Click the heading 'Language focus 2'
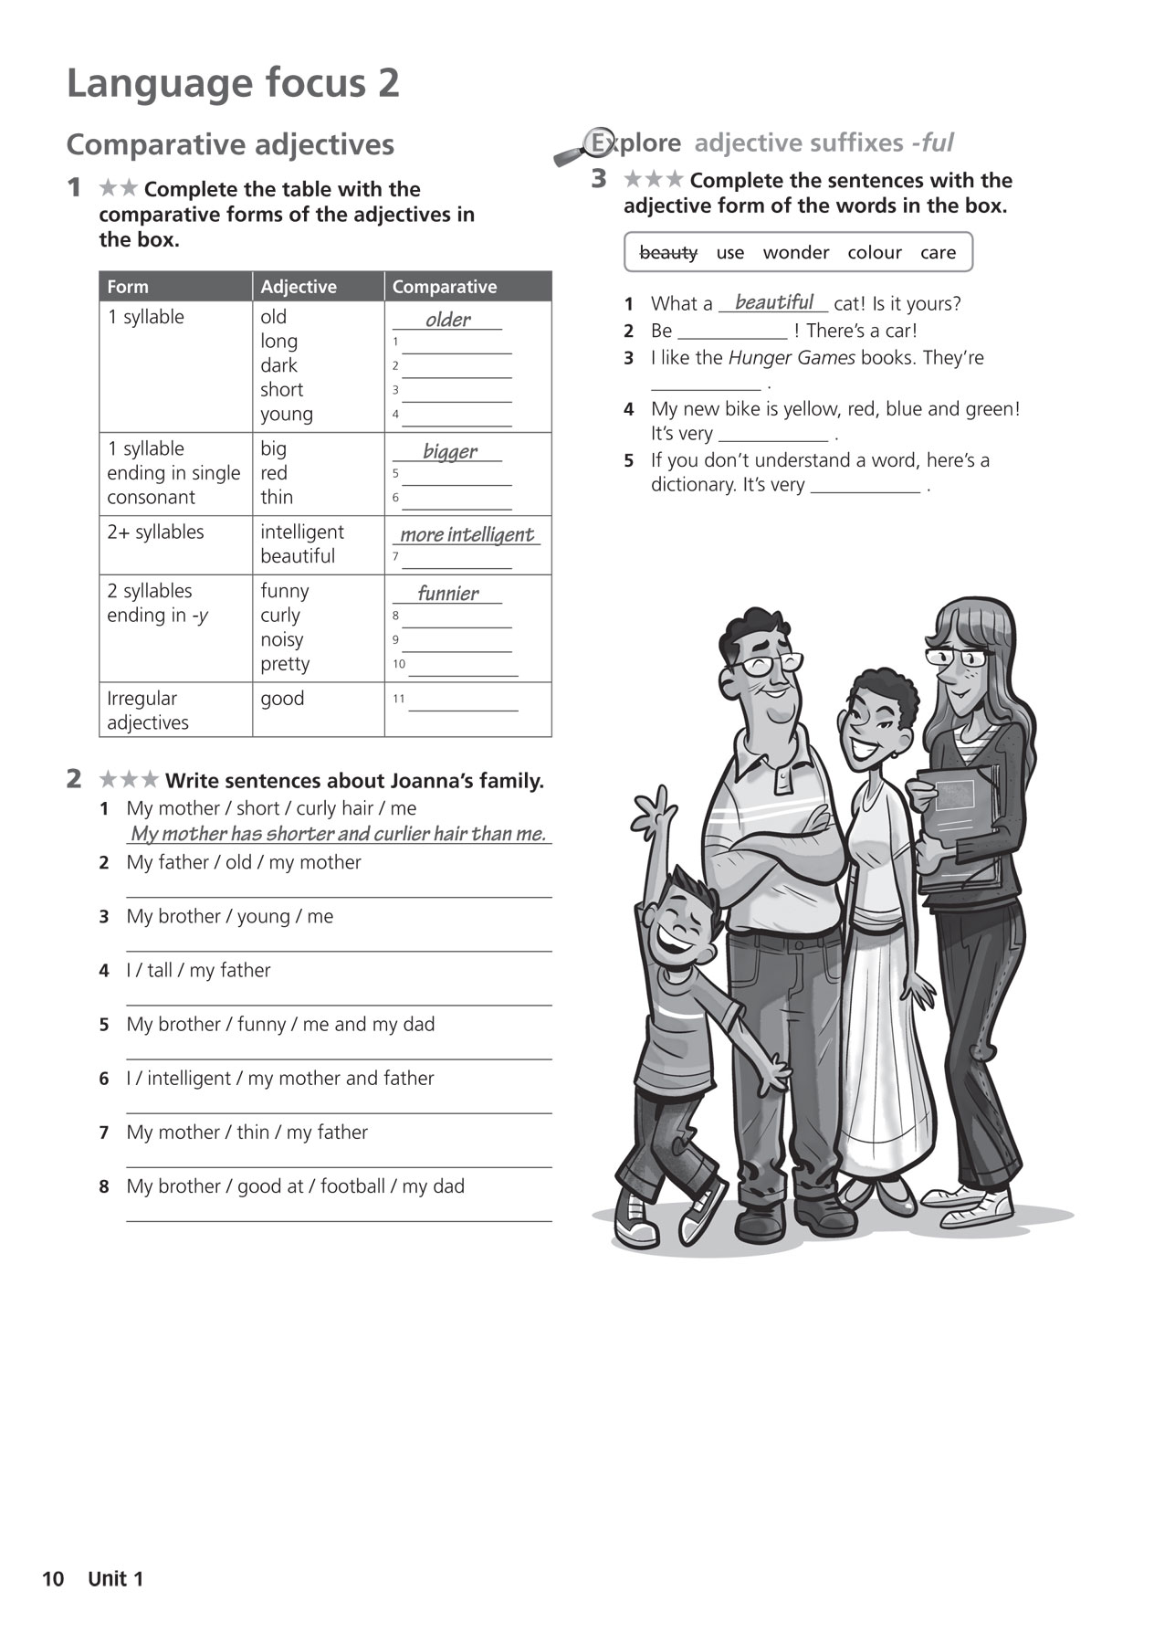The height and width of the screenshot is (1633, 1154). point(233,83)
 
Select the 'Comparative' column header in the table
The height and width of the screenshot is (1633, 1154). point(445,287)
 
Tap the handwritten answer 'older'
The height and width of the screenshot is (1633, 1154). point(447,320)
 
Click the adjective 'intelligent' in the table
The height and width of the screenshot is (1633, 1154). point(302,532)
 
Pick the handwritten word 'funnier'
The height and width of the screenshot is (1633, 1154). point(447,594)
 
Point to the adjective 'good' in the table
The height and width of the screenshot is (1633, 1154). point(282,699)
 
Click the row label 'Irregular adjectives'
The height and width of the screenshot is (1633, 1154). point(148,711)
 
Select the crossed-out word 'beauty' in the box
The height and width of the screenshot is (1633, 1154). point(668,252)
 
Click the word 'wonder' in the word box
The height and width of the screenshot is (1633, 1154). point(796,252)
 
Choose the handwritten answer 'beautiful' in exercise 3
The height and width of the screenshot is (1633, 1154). point(773,302)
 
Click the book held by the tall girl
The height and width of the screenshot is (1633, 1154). point(959,822)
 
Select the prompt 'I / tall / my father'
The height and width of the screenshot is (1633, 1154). point(198,970)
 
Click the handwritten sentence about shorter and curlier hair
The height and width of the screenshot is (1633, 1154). point(338,834)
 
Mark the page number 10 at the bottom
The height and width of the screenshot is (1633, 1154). point(53,1579)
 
